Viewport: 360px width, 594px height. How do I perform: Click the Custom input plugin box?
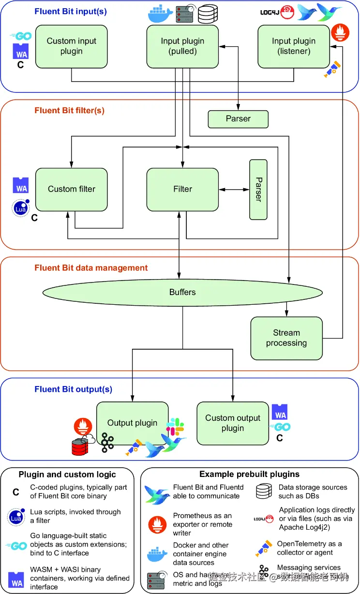point(72,46)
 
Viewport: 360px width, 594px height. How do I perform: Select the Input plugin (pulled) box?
point(182,46)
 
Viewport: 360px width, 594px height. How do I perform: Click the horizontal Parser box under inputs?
point(238,119)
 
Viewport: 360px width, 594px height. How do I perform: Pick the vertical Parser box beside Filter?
point(258,189)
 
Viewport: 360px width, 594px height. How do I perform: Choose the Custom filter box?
point(72,189)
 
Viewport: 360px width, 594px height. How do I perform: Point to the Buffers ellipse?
point(182,292)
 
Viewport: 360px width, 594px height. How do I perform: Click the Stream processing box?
point(286,338)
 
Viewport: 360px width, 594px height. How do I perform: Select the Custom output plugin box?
point(233,423)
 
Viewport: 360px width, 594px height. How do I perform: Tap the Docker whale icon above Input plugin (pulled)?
point(160,15)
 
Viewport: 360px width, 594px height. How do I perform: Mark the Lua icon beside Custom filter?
point(20,208)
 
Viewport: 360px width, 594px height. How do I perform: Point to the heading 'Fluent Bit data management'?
point(91,268)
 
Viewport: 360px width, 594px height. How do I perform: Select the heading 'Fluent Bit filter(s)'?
point(69,111)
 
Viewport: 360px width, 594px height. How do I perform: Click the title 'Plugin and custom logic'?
point(67,475)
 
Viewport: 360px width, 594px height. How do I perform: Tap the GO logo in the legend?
point(16,545)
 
